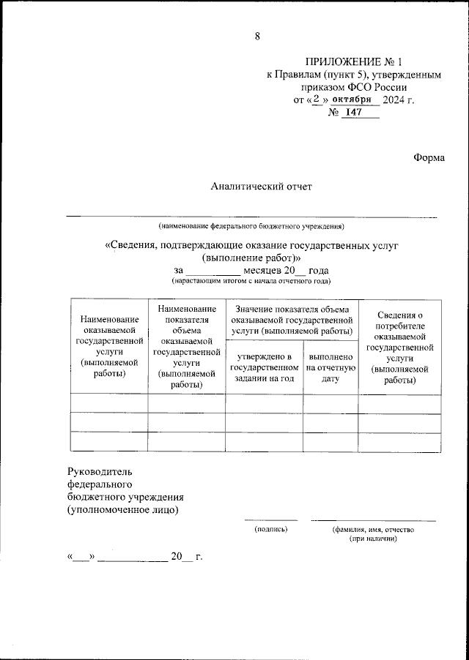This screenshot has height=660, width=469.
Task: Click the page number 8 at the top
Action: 257,37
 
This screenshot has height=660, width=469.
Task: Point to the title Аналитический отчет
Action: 261,187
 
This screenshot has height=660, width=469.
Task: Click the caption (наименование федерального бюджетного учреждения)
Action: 251,226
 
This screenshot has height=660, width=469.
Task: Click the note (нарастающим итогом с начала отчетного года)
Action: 251,281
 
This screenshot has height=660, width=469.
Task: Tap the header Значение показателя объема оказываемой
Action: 293,320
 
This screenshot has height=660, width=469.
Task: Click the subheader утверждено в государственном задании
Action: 264,367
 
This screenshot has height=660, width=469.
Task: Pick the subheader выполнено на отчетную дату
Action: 331,367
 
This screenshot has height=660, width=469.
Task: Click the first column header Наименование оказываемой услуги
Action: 109,347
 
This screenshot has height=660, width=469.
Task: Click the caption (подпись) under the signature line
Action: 270,528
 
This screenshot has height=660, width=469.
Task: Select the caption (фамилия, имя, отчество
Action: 373,528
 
